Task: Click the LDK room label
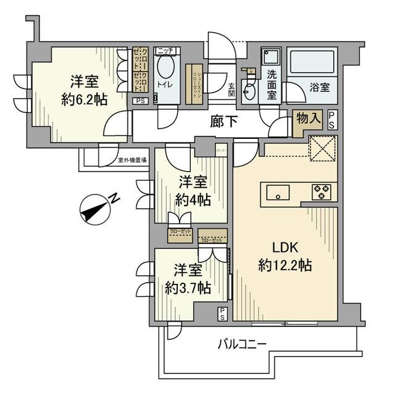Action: pos(285,247)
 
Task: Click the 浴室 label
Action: pos(320,88)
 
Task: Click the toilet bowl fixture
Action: pos(166,70)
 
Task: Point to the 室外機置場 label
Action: pos(132,160)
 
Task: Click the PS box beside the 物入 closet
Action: pos(332,118)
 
